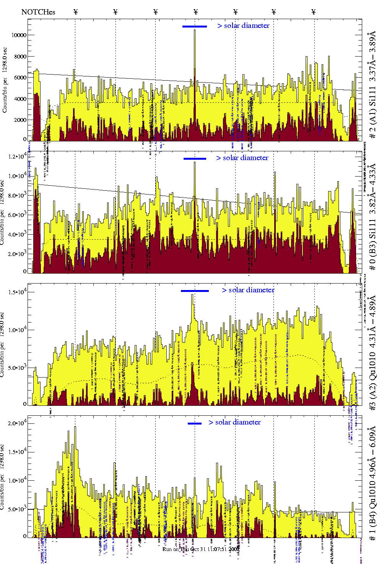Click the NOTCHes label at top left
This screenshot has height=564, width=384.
coord(38,12)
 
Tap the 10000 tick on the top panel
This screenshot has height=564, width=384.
coord(19,35)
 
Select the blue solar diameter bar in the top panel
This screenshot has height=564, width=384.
coord(195,26)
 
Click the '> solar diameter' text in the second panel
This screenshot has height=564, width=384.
coord(242,158)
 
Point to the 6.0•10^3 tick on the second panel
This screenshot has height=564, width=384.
coord(16,215)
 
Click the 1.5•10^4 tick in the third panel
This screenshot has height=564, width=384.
coord(16,292)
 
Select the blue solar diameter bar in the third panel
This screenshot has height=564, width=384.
coord(195,291)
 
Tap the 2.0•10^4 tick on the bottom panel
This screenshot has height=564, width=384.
coord(16,423)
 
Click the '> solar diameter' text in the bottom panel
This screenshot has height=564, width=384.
coord(234,422)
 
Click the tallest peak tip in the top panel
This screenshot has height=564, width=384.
coord(195,30)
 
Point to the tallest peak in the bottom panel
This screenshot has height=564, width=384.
coord(75,427)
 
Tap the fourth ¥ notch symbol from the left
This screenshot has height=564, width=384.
coord(196,12)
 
